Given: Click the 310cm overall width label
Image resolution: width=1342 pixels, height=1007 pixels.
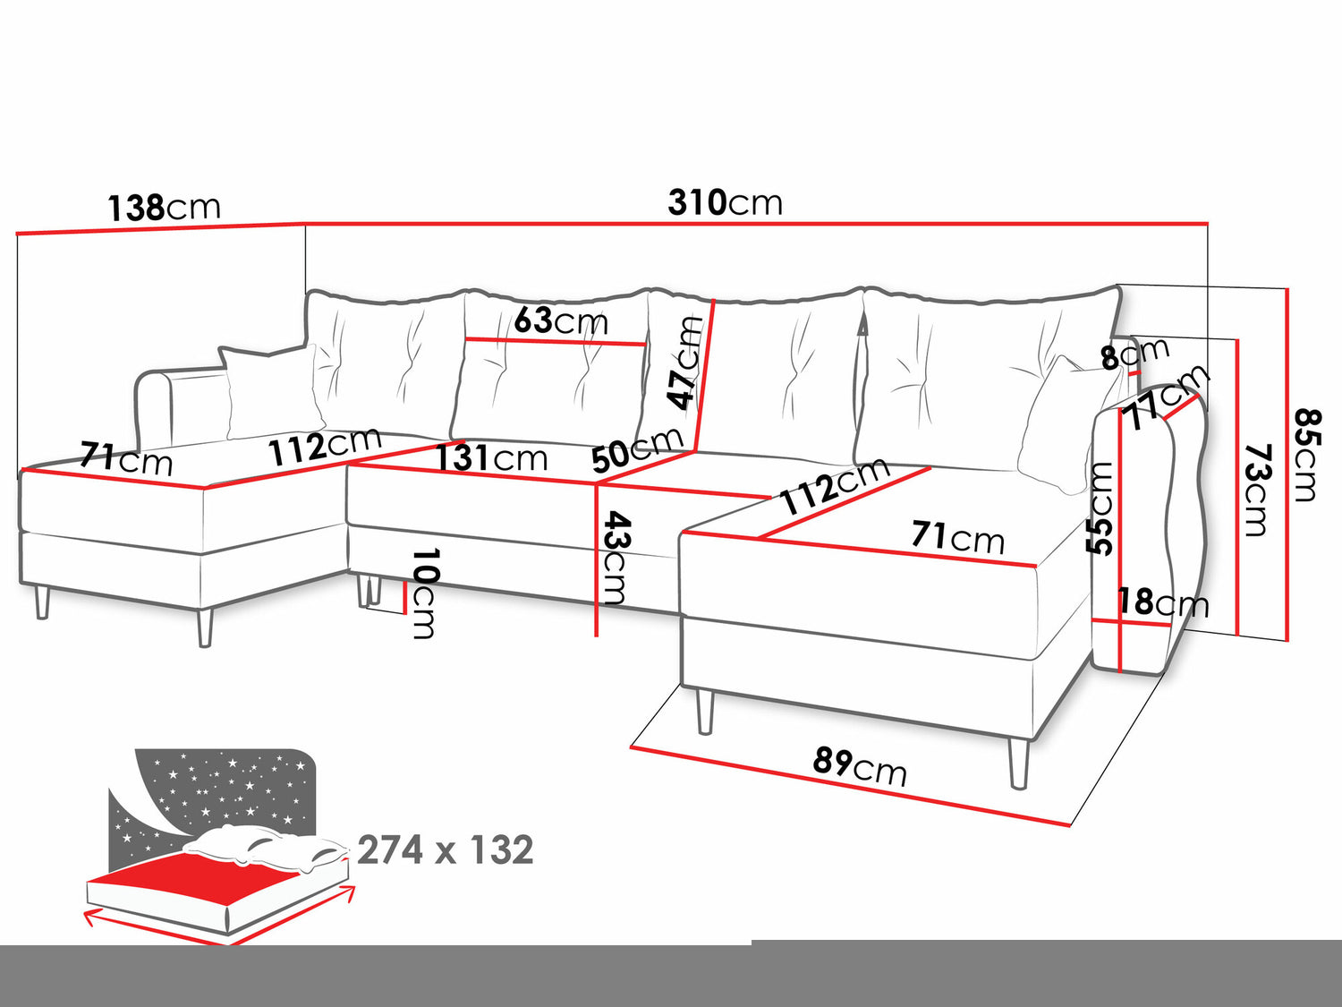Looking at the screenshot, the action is [x=725, y=202].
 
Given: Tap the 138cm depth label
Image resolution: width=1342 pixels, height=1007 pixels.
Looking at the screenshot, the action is [x=164, y=208].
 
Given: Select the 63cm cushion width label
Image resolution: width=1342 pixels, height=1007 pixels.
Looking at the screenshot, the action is [x=561, y=320].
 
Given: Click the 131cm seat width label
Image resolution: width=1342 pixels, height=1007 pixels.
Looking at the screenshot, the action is [x=491, y=458].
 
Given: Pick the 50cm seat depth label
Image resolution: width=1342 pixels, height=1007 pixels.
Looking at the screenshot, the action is [x=636, y=448].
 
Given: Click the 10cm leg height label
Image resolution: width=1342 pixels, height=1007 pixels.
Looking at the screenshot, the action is [x=424, y=593].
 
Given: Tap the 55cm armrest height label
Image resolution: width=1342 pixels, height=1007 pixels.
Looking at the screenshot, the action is [x=1100, y=508].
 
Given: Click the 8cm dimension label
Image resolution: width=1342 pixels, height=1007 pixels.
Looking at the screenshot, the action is [x=1134, y=354].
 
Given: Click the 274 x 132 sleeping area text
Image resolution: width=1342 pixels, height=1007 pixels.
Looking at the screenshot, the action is [x=445, y=849].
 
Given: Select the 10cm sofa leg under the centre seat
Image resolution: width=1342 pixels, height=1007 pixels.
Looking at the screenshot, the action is [x=369, y=590].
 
